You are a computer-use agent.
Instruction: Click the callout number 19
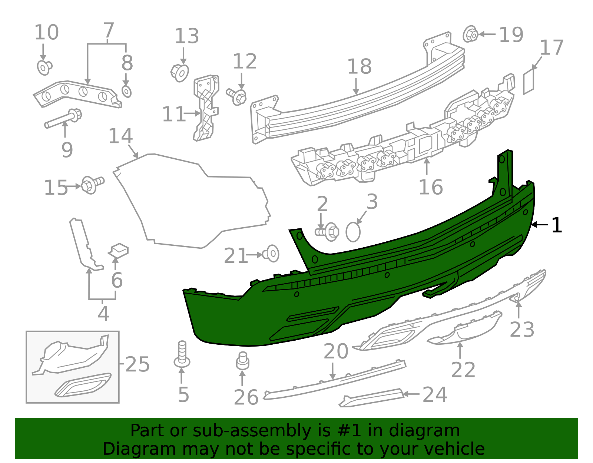(511, 35)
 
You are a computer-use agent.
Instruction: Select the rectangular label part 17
(529, 81)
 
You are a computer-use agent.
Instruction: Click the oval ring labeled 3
(353, 232)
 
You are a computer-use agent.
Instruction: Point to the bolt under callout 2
(328, 232)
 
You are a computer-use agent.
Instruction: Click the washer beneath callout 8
(126, 91)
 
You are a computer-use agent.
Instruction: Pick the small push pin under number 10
(44, 67)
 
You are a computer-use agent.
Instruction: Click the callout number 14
(120, 136)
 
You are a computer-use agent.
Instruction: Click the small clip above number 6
(119, 250)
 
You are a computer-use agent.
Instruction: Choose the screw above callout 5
(182, 354)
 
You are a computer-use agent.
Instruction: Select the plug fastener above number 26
(242, 361)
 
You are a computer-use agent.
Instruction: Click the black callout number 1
(557, 225)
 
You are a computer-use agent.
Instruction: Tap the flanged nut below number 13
(180, 72)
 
